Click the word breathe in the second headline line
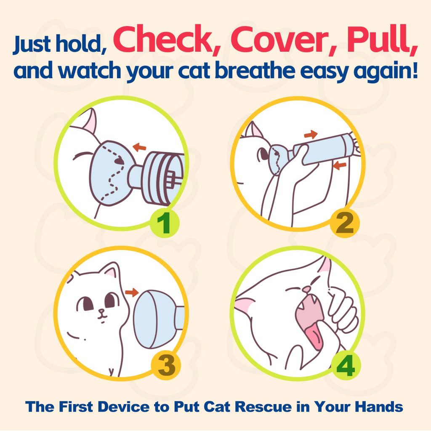(x=254, y=70)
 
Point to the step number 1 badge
(x=165, y=223)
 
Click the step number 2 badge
(x=345, y=223)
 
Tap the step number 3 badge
(x=166, y=365)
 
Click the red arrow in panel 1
(x=139, y=147)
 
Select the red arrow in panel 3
(x=132, y=292)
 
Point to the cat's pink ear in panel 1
(x=91, y=121)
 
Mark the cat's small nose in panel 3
(x=102, y=311)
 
